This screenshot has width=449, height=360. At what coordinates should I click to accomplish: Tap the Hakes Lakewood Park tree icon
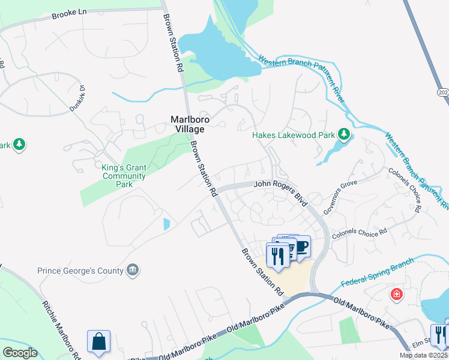(344, 134)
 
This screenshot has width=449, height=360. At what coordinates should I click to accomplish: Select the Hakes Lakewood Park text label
(293, 136)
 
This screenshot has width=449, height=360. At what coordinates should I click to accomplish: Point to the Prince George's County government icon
(133, 271)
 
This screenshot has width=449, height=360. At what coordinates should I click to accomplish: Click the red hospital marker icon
(396, 294)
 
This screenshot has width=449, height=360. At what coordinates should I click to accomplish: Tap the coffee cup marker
(301, 246)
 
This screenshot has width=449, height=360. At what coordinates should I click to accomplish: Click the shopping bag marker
(98, 341)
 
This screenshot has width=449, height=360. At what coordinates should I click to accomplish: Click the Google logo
(20, 353)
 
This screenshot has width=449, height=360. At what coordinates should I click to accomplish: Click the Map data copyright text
(423, 355)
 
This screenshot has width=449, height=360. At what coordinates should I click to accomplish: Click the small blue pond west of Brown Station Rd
(166, 224)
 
